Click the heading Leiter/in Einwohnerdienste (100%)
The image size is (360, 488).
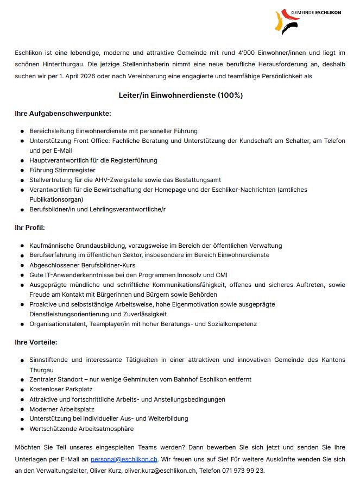(180, 95)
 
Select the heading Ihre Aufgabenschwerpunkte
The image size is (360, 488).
(63, 114)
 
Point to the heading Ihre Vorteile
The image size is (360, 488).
(36, 342)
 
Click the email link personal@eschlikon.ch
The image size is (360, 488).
(124, 459)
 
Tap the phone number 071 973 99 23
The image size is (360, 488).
(243, 470)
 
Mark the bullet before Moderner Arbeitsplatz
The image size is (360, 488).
(22, 409)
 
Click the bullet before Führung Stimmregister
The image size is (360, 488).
(22, 170)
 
